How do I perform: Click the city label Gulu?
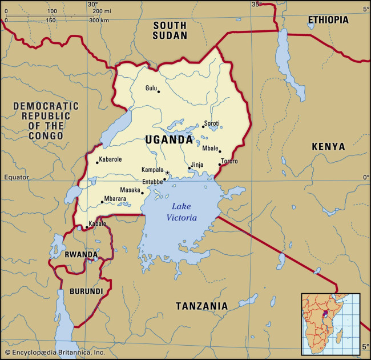coord(151,88)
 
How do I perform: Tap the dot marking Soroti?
coord(203,126)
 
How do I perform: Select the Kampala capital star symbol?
coord(167,173)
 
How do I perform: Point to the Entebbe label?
coord(152,182)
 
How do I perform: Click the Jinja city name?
coord(197,165)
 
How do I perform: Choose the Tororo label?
coord(229,162)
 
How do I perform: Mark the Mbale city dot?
coord(220,152)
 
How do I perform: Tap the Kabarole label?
coord(110,159)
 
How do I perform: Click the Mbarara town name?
coord(116,199)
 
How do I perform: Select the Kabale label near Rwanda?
coord(96,223)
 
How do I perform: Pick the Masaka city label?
coord(130,190)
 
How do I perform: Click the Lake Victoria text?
coord(182,212)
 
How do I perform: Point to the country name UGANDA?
coord(169,139)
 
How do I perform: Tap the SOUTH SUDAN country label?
coord(170,30)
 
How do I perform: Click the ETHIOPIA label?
coord(328,20)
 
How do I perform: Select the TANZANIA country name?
coord(201,306)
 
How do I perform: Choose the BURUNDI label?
coord(86,291)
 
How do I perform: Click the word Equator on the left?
coord(16,177)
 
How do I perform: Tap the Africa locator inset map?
coord(330,323)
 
